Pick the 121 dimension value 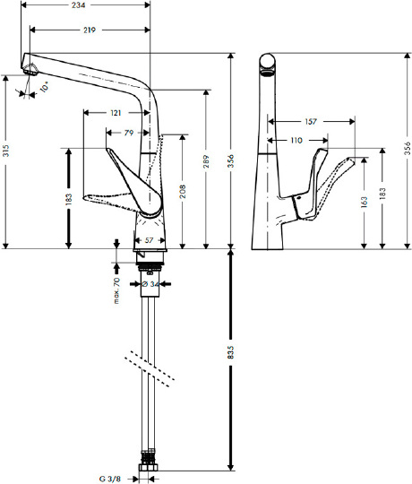coord(116,114)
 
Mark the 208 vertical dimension coord(185,191)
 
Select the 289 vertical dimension coord(207,163)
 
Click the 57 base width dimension coord(149,240)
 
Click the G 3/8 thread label coord(114,477)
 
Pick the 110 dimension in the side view coord(296,140)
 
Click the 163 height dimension coord(363,202)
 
